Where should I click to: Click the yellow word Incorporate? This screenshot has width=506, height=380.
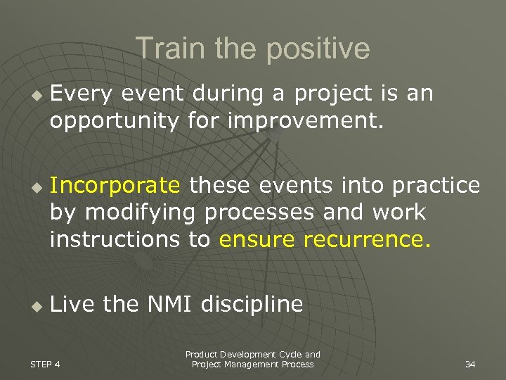coord(115,186)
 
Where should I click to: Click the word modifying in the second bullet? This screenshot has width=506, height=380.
coord(141,213)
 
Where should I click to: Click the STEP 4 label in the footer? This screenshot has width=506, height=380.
coord(46,364)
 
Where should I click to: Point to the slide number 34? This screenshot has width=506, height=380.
coord(470,365)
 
